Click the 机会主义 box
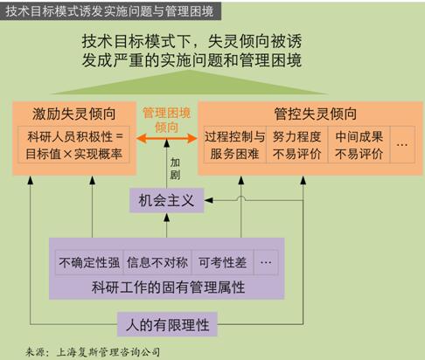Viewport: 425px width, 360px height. (x=166, y=200)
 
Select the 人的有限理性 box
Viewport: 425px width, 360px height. (x=167, y=324)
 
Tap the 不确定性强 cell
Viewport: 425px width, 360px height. (x=89, y=262)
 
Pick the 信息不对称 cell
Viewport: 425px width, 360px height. (x=157, y=262)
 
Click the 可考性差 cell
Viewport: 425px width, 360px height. (x=223, y=262)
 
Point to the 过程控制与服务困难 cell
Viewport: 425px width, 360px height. (x=234, y=144)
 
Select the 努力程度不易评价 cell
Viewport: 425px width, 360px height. (x=297, y=144)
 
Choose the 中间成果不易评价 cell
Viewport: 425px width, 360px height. (x=359, y=144)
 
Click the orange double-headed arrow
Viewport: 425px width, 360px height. (x=167, y=138)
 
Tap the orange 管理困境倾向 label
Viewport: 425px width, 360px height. (x=167, y=120)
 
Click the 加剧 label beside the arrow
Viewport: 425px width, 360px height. (x=175, y=169)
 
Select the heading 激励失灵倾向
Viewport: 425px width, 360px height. (x=74, y=114)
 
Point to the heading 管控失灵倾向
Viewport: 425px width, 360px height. (x=316, y=114)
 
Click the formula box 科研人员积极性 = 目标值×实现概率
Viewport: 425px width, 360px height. (x=73, y=144)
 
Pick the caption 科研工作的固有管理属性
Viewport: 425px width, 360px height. (x=168, y=287)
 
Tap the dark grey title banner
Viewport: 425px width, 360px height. (x=110, y=11)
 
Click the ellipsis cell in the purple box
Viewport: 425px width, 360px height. (x=266, y=262)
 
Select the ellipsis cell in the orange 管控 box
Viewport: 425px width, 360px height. (x=402, y=144)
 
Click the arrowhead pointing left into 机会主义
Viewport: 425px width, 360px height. (x=208, y=200)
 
